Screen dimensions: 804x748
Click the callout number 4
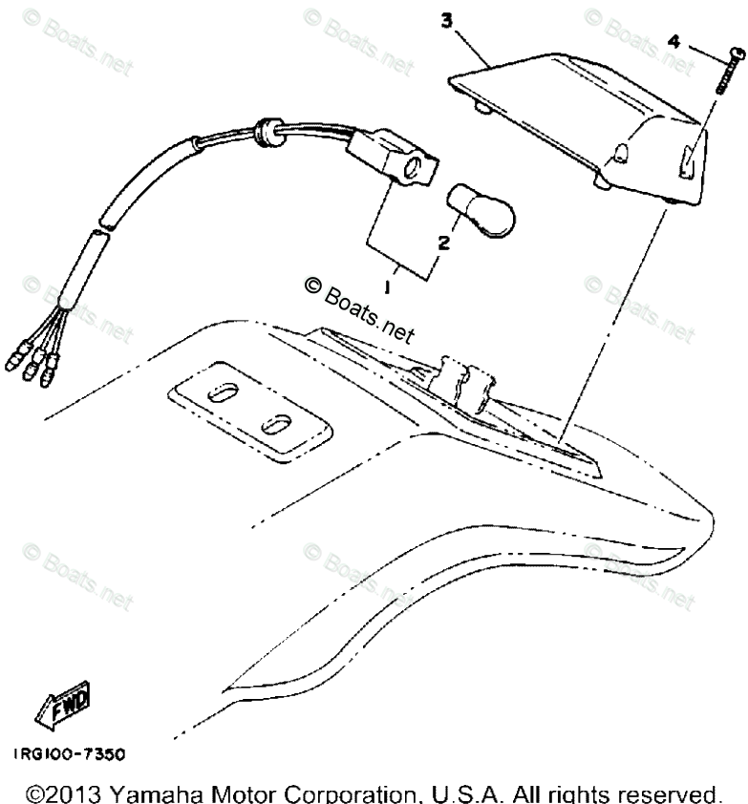674,43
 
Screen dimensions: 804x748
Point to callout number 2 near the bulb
443,243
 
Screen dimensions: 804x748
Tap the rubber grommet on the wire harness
268,132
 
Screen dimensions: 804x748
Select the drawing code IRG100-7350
69,753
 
